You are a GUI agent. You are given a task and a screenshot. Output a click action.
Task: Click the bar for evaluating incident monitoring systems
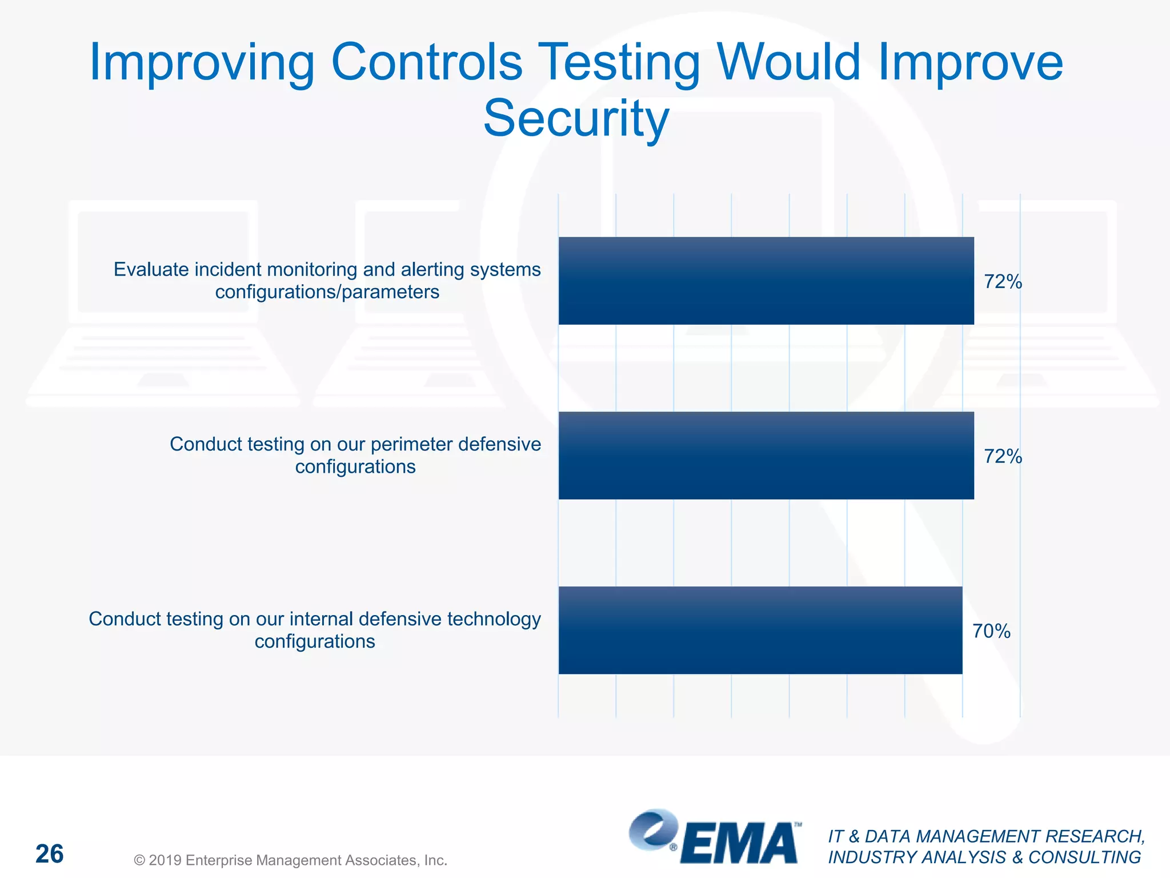766,281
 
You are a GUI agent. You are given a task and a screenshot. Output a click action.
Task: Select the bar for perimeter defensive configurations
766,456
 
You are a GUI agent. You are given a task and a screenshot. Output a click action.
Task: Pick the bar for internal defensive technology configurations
760,630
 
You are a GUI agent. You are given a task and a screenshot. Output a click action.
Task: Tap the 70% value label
991,631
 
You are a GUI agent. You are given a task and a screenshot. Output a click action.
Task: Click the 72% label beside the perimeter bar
1003,456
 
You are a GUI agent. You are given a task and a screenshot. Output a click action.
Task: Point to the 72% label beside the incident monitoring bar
1003,281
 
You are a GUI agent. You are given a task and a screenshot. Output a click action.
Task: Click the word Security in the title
576,118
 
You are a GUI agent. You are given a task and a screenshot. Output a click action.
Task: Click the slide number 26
49,854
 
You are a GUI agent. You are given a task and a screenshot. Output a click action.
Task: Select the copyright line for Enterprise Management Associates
290,860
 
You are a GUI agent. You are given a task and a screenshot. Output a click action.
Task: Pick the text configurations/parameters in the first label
327,292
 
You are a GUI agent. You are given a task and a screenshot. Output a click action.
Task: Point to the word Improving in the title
202,63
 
